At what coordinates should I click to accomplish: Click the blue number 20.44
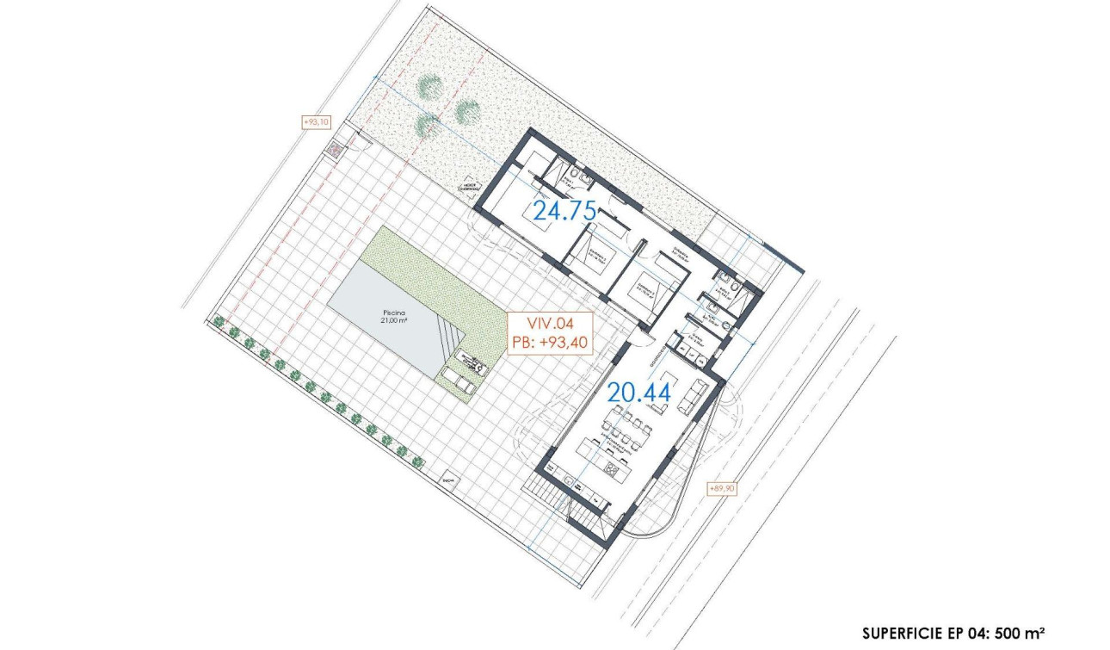click(639, 393)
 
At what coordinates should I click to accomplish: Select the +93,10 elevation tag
click(316, 122)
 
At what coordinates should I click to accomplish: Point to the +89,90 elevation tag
click(721, 488)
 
